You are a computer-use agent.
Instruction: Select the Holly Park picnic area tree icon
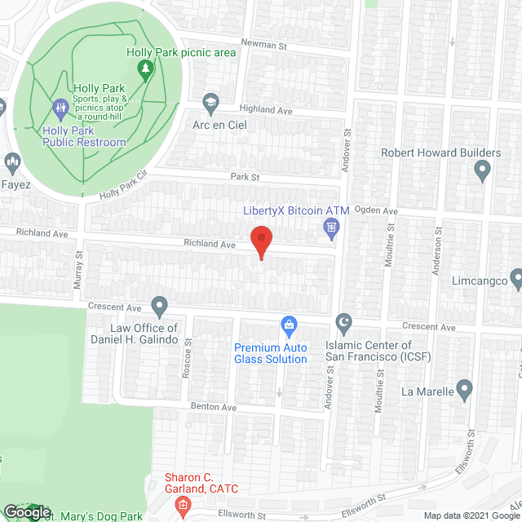(x=146, y=71)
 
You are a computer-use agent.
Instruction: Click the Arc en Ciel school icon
(x=211, y=101)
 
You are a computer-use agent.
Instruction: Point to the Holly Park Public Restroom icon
(x=60, y=107)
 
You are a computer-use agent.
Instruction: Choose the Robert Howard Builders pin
(x=482, y=170)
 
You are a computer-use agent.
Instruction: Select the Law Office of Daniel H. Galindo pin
(x=160, y=307)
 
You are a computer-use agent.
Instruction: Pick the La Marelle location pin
(x=464, y=388)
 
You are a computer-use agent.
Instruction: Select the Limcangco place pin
(x=516, y=280)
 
